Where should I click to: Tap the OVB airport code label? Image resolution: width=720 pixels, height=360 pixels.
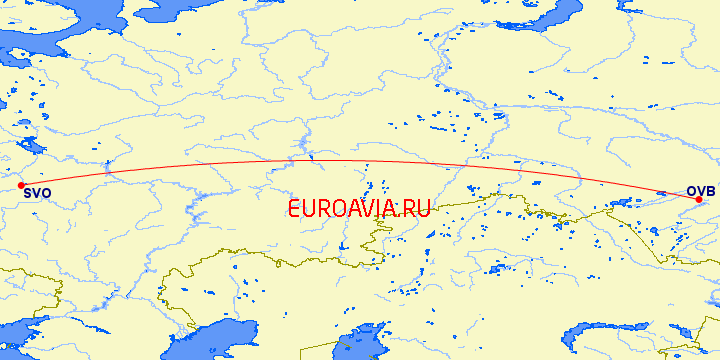[x=701, y=191]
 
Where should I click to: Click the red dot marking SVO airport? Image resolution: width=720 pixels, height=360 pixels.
[x=21, y=185]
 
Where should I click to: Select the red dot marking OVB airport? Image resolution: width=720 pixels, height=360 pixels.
[x=698, y=199]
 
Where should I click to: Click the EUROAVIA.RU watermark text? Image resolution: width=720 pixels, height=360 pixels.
[x=359, y=209]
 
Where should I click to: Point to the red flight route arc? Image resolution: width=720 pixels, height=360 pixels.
[x=350, y=161]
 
